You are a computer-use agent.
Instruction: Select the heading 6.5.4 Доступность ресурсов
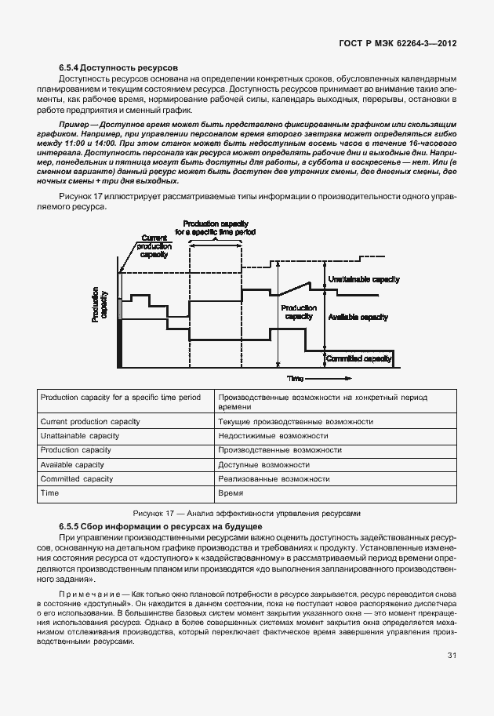(119, 69)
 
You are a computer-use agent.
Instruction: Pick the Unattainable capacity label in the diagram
(363, 280)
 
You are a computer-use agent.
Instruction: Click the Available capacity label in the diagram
(358, 317)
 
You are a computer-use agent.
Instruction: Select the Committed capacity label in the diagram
(360, 358)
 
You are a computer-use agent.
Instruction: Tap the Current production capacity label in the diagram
(154, 245)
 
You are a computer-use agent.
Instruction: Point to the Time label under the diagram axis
(295, 379)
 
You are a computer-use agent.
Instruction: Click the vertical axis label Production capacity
(100, 305)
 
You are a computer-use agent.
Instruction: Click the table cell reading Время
(231, 493)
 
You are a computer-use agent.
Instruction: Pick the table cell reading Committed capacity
(77, 479)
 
